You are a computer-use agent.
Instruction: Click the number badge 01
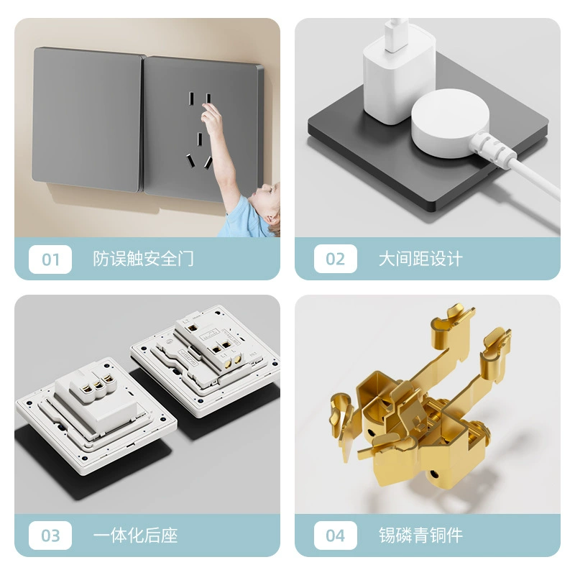click(50, 259)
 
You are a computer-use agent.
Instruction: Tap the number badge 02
click(335, 259)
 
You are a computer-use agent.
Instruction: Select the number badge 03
click(50, 535)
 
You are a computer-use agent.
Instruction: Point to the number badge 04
click(335, 535)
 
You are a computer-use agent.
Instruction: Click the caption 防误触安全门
click(143, 259)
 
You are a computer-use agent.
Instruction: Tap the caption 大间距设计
click(420, 259)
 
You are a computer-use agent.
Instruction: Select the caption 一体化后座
click(135, 535)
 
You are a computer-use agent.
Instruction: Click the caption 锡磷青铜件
click(420, 535)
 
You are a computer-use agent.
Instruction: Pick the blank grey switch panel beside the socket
click(86, 119)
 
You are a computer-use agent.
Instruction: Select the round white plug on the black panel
click(450, 122)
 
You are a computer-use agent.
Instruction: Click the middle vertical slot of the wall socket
click(200, 139)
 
